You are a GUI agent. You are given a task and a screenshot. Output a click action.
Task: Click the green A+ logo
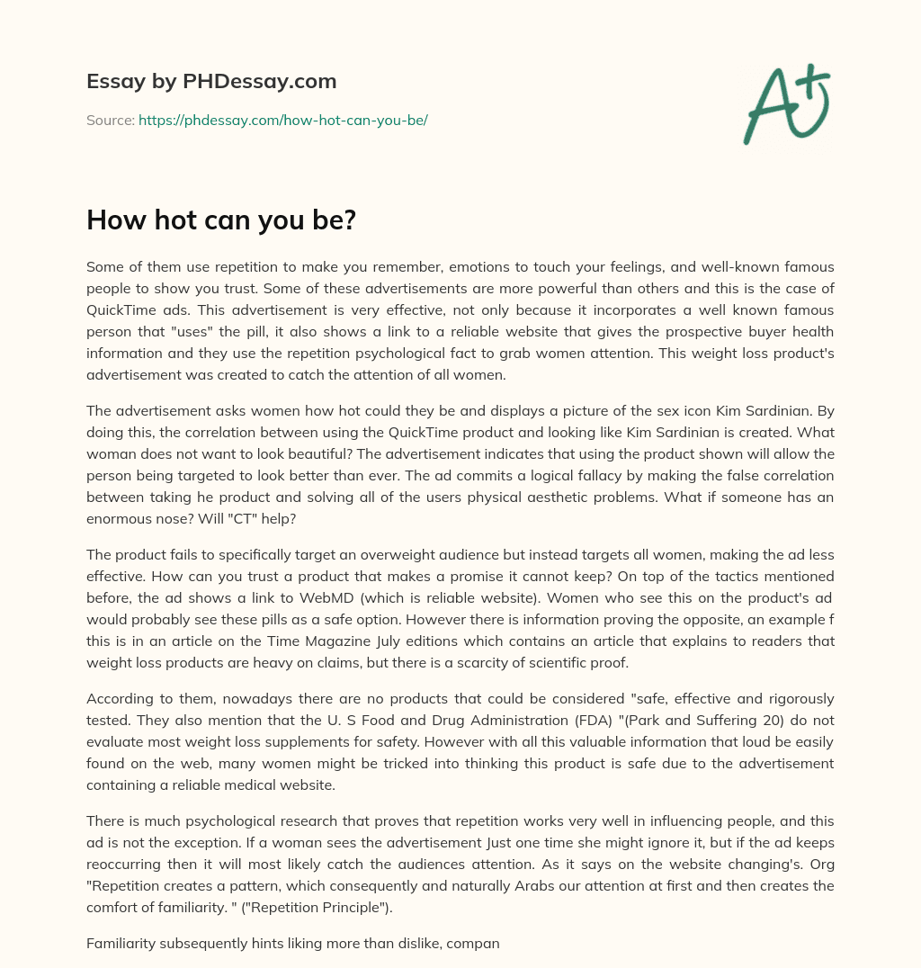(x=785, y=104)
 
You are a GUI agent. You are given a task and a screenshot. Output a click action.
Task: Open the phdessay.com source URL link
(x=282, y=120)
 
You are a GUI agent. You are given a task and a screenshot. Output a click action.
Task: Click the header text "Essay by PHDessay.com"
(x=211, y=82)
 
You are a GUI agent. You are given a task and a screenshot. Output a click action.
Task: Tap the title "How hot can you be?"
(x=221, y=220)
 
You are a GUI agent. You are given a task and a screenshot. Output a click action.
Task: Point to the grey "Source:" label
(x=110, y=120)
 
